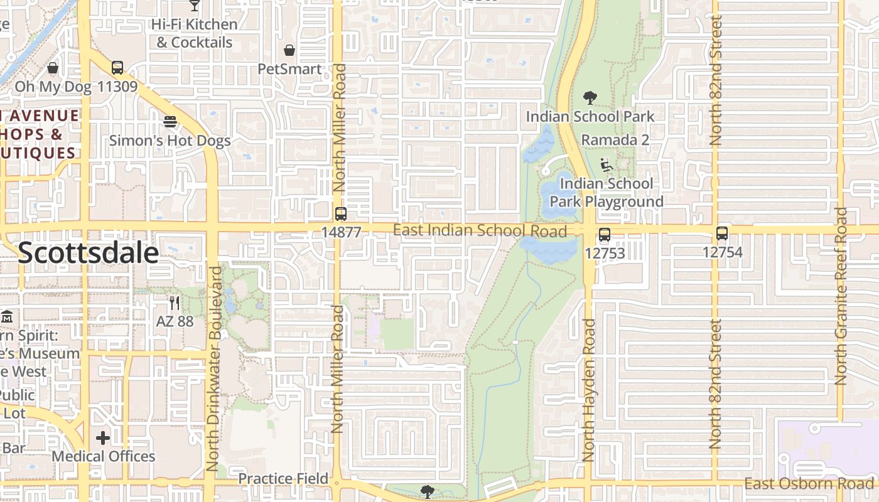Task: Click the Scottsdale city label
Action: point(88,252)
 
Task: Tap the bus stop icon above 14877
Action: point(340,214)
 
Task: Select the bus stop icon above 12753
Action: point(604,235)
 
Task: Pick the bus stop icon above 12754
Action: point(722,233)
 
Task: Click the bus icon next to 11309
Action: point(117,68)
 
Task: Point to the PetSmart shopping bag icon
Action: point(289,50)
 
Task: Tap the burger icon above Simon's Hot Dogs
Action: point(170,121)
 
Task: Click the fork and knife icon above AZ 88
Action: point(175,303)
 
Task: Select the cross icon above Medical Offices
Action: point(103,437)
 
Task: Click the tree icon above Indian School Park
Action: point(590,98)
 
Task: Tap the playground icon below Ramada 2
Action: point(607,165)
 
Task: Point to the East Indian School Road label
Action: point(480,230)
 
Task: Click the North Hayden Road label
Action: point(588,390)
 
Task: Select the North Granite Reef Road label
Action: point(841,296)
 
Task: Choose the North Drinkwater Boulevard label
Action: point(215,369)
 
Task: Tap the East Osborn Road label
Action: point(809,483)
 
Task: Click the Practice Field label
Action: point(283,479)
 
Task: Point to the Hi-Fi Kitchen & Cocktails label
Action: point(195,33)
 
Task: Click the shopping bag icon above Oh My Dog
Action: point(53,68)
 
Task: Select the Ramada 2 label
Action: point(615,140)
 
